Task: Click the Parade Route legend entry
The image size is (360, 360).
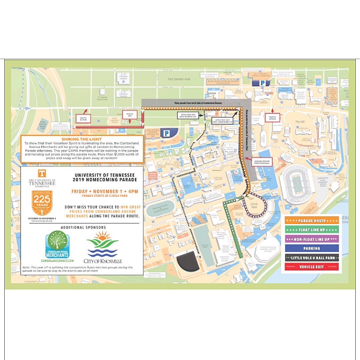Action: click(312, 220)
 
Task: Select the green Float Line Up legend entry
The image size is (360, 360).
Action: click(312, 230)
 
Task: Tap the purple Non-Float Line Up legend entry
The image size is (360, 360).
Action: click(312, 239)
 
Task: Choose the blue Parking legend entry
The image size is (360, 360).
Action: click(312, 248)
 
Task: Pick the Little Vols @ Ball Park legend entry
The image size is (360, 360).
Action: click(312, 258)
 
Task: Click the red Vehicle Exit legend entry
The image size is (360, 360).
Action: click(312, 267)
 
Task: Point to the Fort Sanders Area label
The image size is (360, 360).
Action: click(179, 79)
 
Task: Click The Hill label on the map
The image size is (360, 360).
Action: click(300, 122)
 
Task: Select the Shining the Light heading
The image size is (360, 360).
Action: click(82, 139)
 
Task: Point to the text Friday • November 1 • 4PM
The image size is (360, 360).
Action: click(105, 192)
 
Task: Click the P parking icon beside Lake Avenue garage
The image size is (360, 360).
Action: click(165, 133)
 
